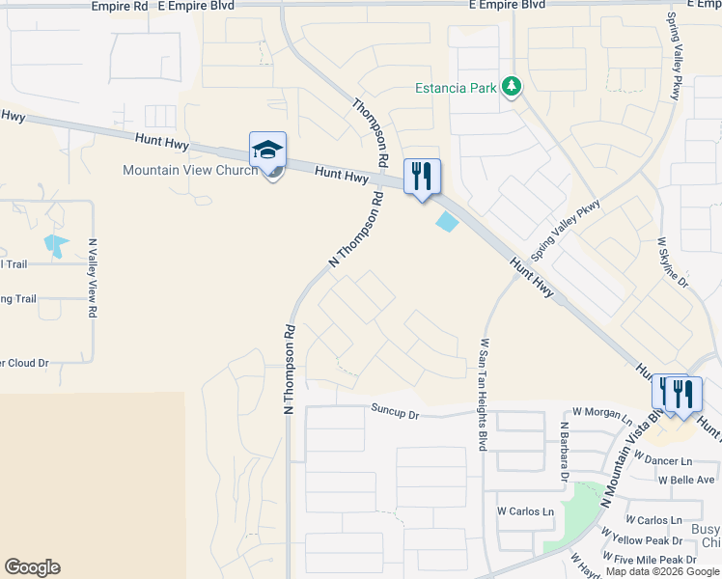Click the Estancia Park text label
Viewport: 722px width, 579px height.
pos(456,89)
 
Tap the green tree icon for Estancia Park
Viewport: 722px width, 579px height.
pos(511,89)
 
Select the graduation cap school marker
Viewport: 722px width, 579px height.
pos(267,151)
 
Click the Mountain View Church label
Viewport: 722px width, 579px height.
pos(190,171)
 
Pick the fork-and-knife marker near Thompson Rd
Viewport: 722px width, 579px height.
pos(422,177)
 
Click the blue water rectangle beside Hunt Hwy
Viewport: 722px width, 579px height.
pos(448,222)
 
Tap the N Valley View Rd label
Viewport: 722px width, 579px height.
pos(93,279)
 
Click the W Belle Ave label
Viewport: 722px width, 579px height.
pos(686,480)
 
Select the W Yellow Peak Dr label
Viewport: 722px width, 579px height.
pos(641,540)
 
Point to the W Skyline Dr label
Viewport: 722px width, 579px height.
pos(672,262)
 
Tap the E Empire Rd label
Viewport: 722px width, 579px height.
pos(120,6)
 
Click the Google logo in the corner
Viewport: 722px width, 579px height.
pos(32,567)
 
